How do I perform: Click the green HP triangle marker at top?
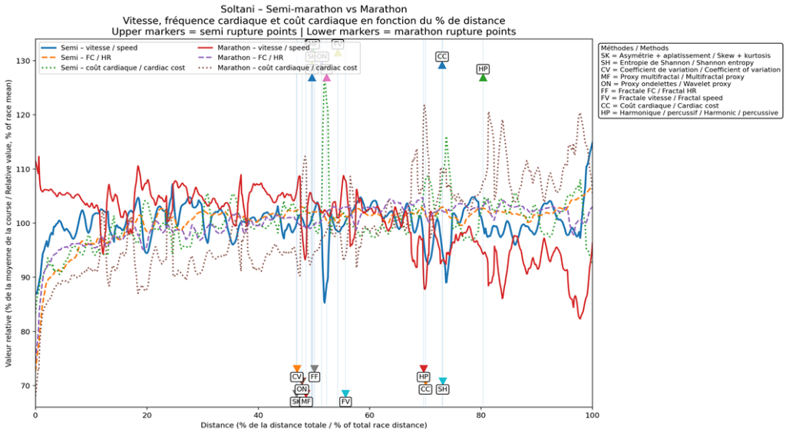coord(483,78)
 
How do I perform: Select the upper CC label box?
coord(442,57)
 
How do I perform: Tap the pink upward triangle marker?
coord(326,78)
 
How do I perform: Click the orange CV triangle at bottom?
coord(297,369)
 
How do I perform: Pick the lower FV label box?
coord(345,402)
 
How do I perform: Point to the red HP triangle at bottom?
coord(424,369)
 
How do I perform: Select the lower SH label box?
coord(443,389)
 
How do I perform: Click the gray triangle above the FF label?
coord(315,369)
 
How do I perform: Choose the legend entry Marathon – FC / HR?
coord(250,58)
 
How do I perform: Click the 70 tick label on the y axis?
coord(25,386)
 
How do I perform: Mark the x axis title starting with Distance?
coord(313,425)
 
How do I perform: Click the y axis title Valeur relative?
coord(8,223)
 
